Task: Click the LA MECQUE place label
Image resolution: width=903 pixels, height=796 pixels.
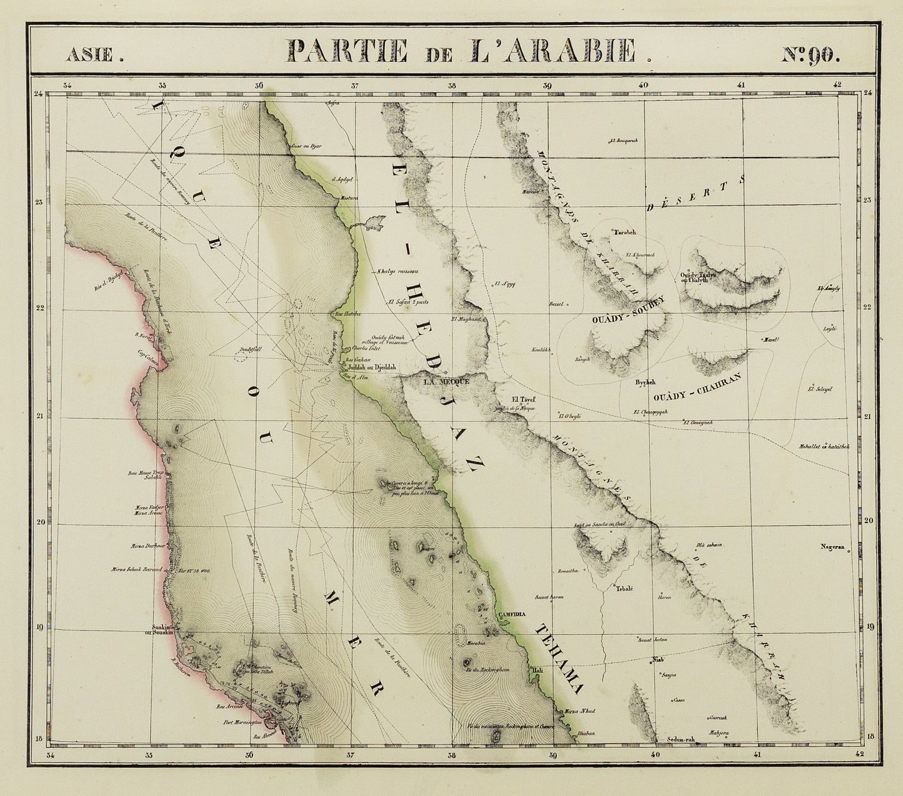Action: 446,381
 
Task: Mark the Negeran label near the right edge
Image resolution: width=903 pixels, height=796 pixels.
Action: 832,547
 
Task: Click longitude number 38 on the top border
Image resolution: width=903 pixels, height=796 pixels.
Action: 452,86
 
